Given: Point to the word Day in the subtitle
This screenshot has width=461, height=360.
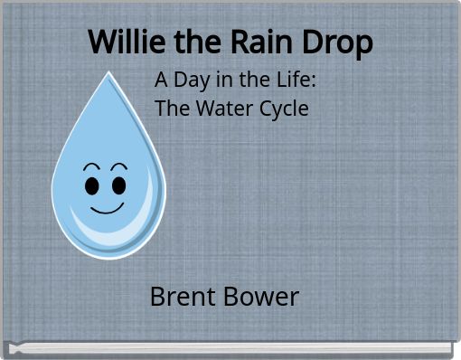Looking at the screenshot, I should coord(193,80).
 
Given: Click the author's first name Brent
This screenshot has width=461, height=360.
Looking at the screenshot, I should coord(183,296).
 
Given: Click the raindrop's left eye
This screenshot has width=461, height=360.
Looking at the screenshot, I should coord(92,185).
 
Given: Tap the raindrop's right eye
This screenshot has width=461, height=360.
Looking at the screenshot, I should coord(119,185).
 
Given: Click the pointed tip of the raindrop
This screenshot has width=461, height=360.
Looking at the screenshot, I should coord(109,73).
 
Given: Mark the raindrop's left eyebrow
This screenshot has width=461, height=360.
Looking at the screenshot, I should coord(91,167).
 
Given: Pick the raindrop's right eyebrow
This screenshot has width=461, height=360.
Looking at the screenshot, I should coord(118,167).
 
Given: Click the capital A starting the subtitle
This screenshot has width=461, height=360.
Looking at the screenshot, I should coord(162,80).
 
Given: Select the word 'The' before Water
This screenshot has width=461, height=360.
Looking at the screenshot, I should coord(171,109).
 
